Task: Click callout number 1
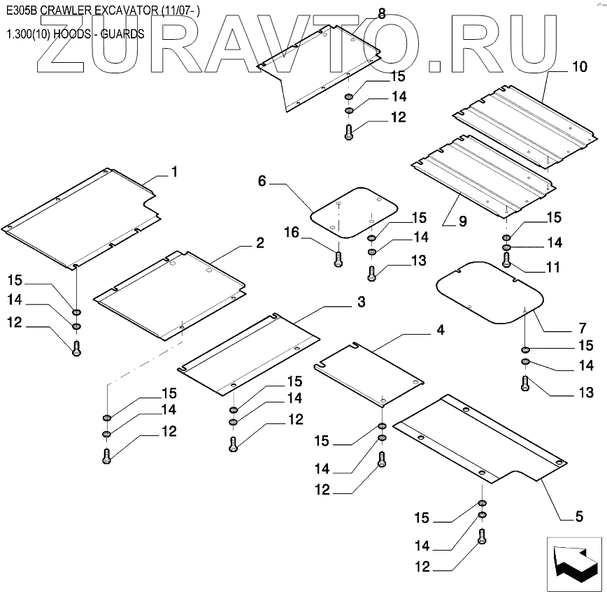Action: [174, 172]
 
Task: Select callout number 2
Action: [259, 243]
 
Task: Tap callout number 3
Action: [361, 302]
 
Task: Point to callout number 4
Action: [440, 330]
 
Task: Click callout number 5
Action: [579, 517]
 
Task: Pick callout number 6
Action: [262, 182]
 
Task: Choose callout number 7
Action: [582, 328]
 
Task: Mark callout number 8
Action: [381, 13]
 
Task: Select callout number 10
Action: [580, 68]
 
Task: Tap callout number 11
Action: [553, 268]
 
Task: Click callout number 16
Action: [292, 232]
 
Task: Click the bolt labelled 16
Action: [338, 260]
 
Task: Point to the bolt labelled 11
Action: [506, 260]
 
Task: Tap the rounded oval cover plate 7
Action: [489, 291]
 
